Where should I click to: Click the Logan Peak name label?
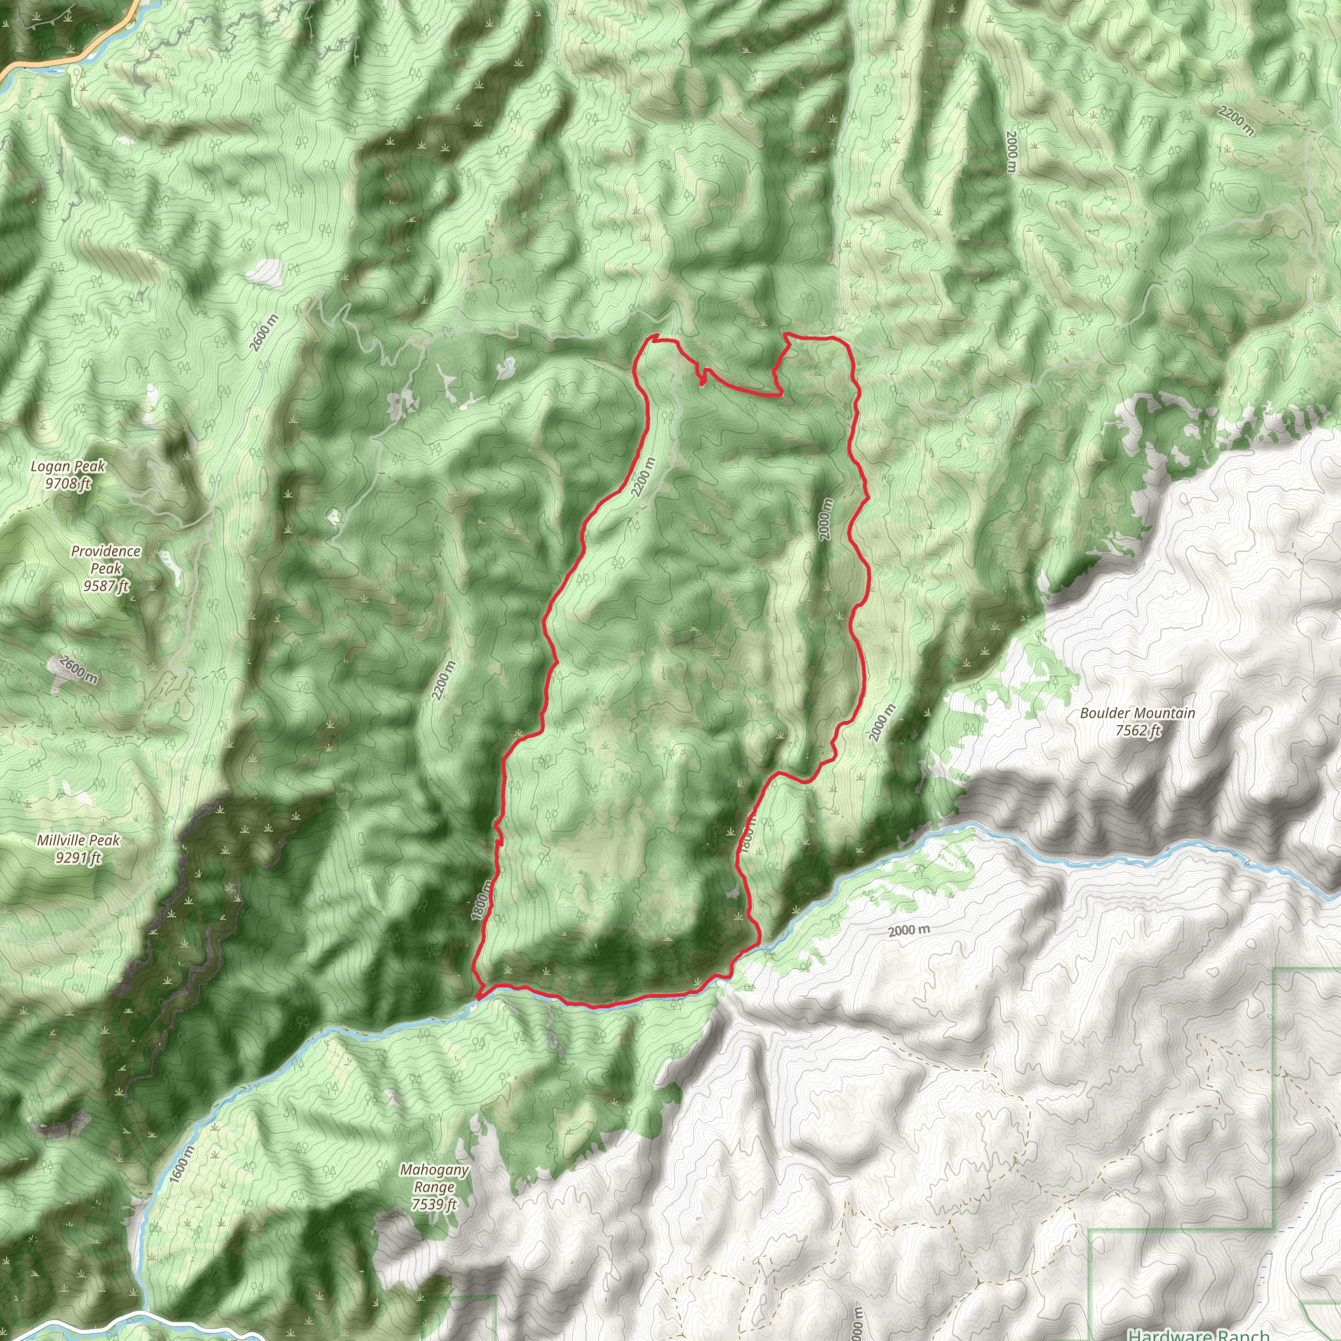pos(68,466)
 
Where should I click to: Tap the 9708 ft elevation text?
pos(68,483)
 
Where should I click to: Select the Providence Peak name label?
pos(105,559)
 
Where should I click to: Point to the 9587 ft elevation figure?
pos(106,587)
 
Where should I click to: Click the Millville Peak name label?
pos(79,841)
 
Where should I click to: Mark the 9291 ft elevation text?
pos(79,858)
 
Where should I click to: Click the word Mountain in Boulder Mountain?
pos(1167,714)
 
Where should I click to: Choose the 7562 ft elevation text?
pos(1138,730)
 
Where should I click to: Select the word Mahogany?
pos(435,1170)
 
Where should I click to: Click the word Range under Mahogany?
pos(434,1187)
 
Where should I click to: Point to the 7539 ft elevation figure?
pos(434,1204)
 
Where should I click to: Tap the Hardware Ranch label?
pos(1199,1334)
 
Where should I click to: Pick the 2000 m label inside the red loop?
pos(824,520)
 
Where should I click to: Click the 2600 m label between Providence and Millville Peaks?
pos(79,670)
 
